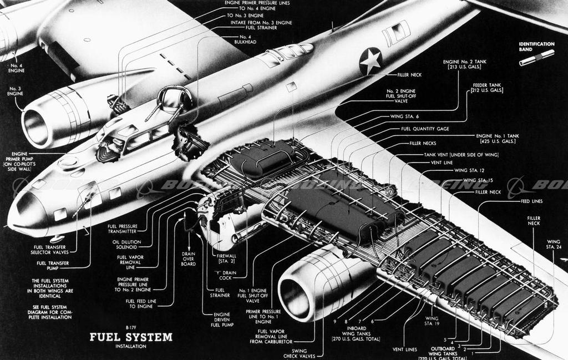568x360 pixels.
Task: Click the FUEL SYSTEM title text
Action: coord(131,337)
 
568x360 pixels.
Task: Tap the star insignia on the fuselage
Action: coord(371,60)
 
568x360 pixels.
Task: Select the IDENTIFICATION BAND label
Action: coord(536,46)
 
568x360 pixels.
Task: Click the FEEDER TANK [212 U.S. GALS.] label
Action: coord(488,88)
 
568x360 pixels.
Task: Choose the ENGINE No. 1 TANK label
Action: coord(496,139)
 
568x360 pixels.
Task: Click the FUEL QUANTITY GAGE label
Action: coord(425,129)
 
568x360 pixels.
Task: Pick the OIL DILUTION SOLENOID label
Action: coord(125,244)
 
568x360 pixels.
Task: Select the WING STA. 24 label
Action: coord(554,245)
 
